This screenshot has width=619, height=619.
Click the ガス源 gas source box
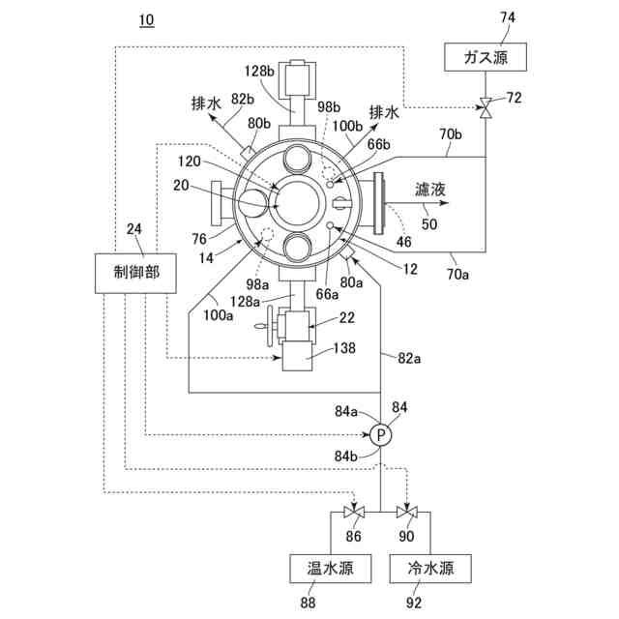point(486,57)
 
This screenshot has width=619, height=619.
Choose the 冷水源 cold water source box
point(430,568)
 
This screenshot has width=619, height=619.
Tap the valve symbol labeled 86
point(351,513)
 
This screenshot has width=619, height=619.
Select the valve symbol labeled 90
point(409,513)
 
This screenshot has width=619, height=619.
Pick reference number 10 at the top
point(146,20)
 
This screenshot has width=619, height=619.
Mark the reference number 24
point(134,230)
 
